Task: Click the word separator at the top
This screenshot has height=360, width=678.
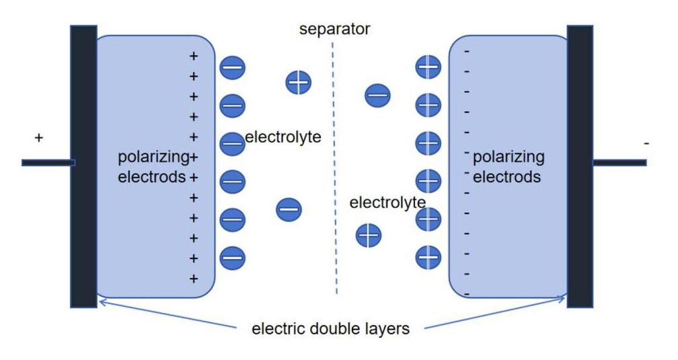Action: (x=334, y=29)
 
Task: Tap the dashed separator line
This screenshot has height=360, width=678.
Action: (x=334, y=168)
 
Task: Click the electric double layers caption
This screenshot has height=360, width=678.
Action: (x=330, y=328)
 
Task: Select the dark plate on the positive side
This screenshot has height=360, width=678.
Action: (x=83, y=167)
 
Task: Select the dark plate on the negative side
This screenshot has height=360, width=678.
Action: (x=580, y=167)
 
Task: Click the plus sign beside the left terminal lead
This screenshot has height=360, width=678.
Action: (x=39, y=137)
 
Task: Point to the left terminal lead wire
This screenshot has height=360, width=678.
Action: (x=48, y=163)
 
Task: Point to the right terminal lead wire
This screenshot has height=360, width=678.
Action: (x=620, y=163)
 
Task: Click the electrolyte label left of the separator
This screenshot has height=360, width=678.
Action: (x=283, y=137)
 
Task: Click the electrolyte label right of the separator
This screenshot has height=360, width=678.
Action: (x=387, y=203)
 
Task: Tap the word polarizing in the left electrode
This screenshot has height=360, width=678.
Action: (x=153, y=157)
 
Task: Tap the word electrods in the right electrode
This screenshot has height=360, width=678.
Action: (x=506, y=177)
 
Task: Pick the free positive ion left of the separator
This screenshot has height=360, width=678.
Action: (x=299, y=82)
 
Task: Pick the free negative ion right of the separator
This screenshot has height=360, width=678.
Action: (x=377, y=96)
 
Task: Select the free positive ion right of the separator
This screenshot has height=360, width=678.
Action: (x=369, y=236)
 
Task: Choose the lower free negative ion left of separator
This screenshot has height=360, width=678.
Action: (x=289, y=209)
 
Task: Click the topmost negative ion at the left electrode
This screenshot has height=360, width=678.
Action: (x=233, y=67)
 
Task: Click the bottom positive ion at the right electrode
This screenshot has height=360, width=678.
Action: (x=428, y=257)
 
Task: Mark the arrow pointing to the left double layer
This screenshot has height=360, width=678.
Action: (x=167, y=314)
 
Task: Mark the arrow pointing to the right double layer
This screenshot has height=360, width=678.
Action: (x=494, y=312)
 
